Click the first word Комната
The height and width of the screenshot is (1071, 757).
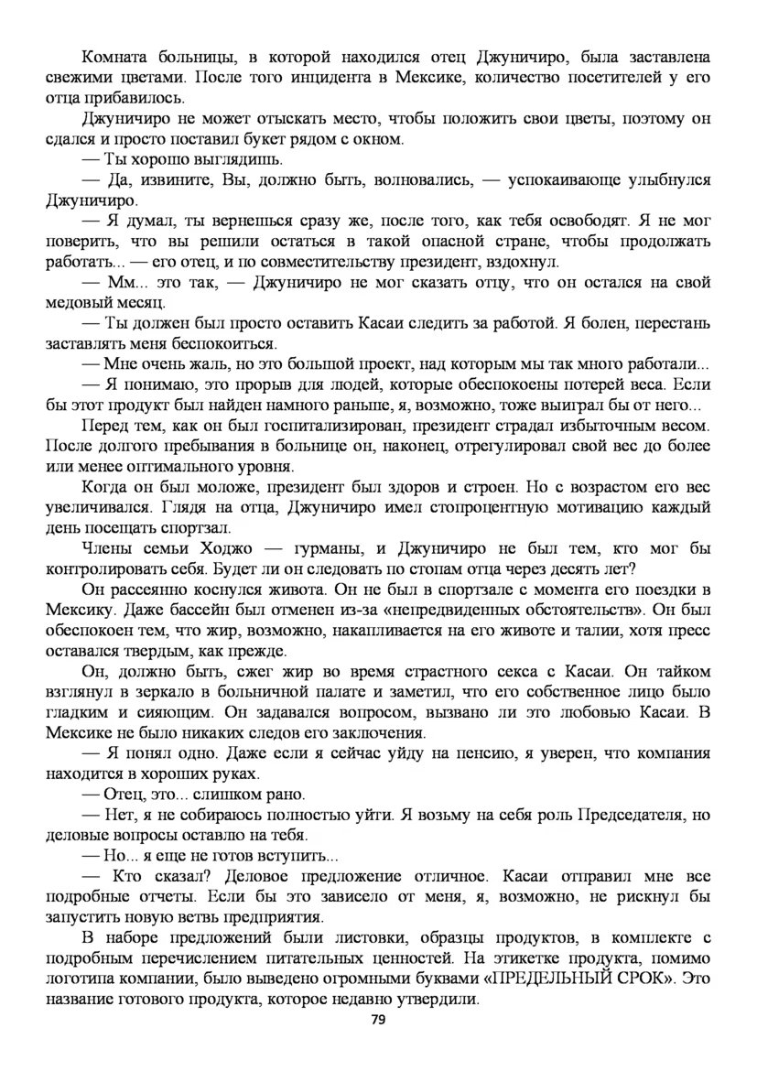point(115,58)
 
